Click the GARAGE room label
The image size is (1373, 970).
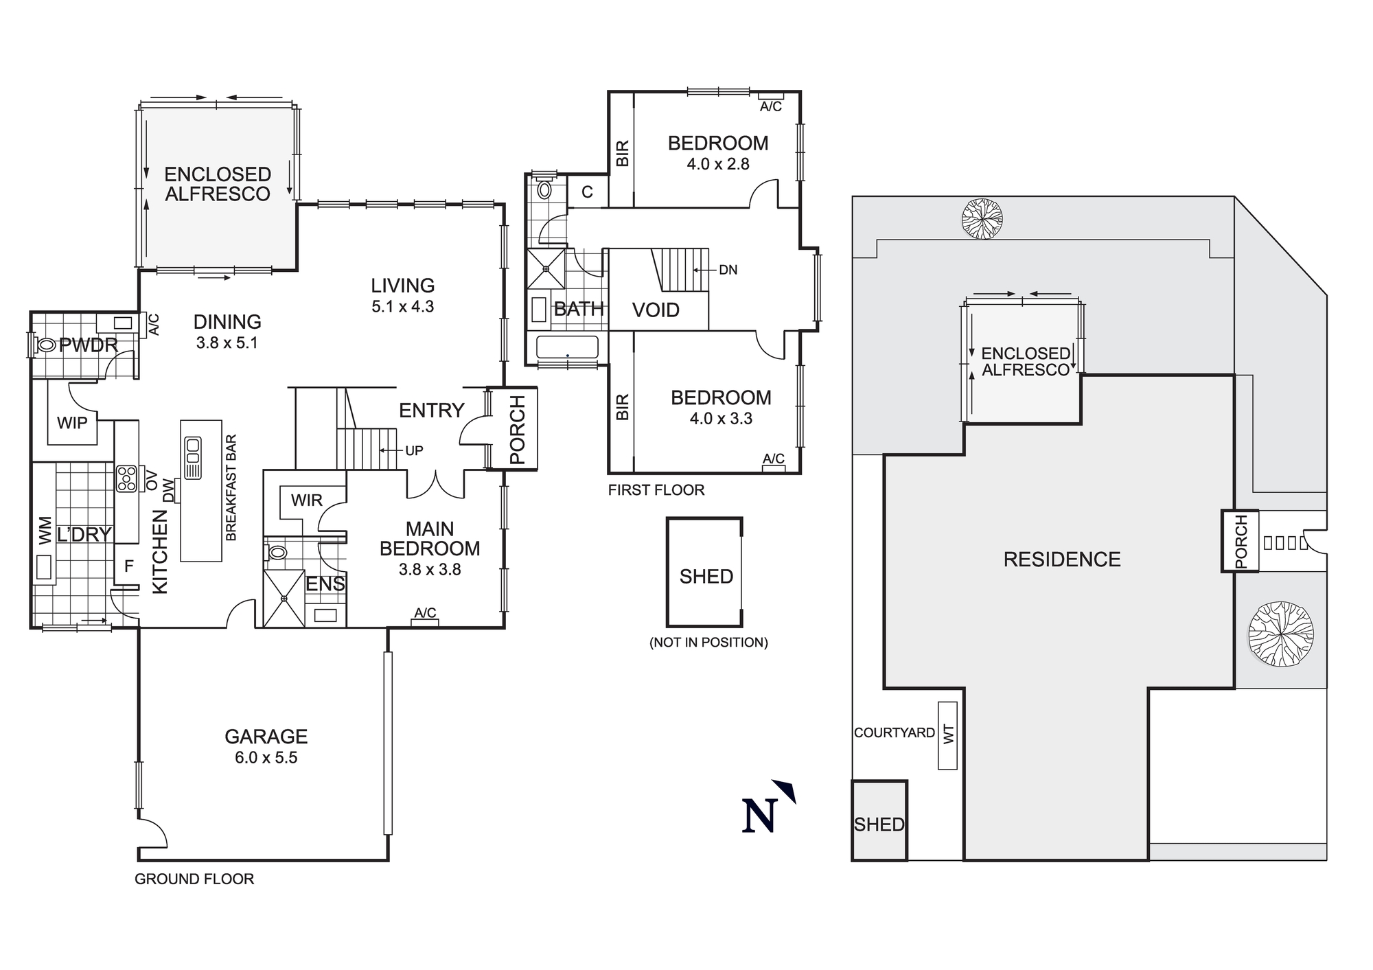(266, 737)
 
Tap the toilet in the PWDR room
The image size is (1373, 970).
(45, 345)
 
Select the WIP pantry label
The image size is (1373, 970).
(72, 423)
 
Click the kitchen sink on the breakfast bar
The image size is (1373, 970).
(193, 457)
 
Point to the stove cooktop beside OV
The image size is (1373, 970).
(127, 478)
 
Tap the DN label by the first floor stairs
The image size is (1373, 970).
(728, 270)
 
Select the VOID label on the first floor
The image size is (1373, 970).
(656, 310)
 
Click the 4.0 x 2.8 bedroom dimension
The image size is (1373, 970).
(718, 164)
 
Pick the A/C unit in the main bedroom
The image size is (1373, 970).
(425, 622)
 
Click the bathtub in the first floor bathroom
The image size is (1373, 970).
(567, 347)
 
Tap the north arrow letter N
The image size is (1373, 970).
(759, 816)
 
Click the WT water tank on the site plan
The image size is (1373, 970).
(947, 735)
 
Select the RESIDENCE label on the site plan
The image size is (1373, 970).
(1061, 559)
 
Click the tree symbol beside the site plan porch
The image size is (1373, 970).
(1281, 634)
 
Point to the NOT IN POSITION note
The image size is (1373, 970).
(708, 643)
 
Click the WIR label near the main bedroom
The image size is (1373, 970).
(306, 500)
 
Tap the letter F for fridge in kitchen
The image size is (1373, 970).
(128, 566)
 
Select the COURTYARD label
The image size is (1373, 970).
(894, 732)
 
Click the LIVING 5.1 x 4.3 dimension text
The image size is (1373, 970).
(402, 307)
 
